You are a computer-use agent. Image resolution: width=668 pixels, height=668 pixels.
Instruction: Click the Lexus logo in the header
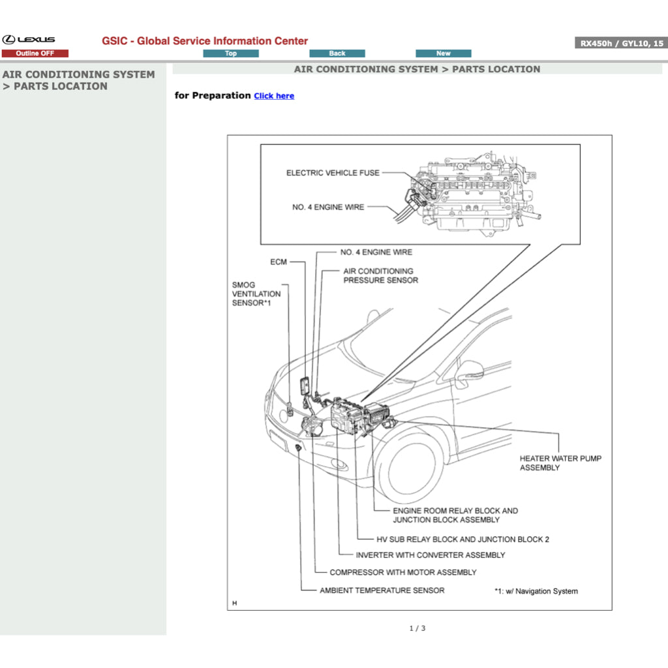point(29,40)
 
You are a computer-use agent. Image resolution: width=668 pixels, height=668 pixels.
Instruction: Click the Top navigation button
point(231,53)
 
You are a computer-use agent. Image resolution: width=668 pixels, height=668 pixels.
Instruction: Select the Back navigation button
point(337,53)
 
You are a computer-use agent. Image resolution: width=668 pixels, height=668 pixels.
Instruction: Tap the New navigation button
point(444,53)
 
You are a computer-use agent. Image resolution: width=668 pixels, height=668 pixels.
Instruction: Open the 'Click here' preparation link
point(274,96)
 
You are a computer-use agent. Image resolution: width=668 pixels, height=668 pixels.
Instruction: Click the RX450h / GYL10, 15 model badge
point(620,44)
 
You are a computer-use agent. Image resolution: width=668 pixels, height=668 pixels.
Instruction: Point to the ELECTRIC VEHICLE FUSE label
point(333,173)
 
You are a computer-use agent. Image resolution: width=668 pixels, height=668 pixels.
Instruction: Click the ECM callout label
point(279,262)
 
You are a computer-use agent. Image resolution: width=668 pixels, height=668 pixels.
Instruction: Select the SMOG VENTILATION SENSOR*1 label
point(256,294)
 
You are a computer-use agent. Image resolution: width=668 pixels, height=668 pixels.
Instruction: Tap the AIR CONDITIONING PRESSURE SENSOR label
point(380,275)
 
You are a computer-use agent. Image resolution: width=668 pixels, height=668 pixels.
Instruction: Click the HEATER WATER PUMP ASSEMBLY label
point(560,463)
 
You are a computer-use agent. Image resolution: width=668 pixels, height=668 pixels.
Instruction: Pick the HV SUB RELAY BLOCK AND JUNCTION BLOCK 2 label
point(463,539)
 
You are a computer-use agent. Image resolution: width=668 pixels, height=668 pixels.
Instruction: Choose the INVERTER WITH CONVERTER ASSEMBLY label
point(430,555)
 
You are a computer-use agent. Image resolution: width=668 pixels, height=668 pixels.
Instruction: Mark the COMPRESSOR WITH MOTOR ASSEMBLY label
point(402,572)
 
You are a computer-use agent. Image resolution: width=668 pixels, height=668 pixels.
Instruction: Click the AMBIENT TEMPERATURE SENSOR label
point(382,590)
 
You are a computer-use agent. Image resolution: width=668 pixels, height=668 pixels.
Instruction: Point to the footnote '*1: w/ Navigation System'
point(536,591)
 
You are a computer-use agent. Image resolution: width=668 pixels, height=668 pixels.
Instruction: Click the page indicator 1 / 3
point(417,628)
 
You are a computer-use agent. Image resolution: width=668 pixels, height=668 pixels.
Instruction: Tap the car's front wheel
point(411,467)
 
